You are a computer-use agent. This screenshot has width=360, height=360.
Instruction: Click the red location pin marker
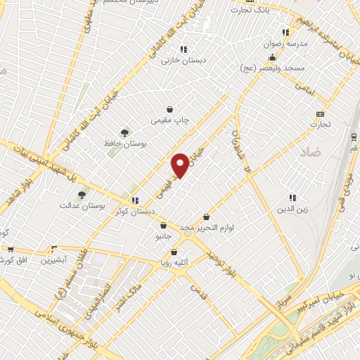click(x=180, y=165)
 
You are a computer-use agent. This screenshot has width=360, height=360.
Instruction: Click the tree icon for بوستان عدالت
click(x=82, y=194)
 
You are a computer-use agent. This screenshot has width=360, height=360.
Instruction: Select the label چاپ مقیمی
click(x=170, y=120)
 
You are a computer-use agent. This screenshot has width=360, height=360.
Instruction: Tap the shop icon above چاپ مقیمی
click(x=170, y=109)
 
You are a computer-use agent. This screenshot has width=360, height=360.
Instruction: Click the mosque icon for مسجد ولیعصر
click(x=292, y=58)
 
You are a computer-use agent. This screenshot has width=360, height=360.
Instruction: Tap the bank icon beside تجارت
click(x=321, y=114)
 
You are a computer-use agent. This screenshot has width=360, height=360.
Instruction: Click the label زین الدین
click(x=294, y=209)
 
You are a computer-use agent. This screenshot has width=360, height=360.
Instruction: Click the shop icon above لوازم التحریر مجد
click(x=206, y=217)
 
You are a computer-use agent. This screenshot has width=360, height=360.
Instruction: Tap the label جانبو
click(x=163, y=237)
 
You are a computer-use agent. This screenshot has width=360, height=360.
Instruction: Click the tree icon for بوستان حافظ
click(x=125, y=132)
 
